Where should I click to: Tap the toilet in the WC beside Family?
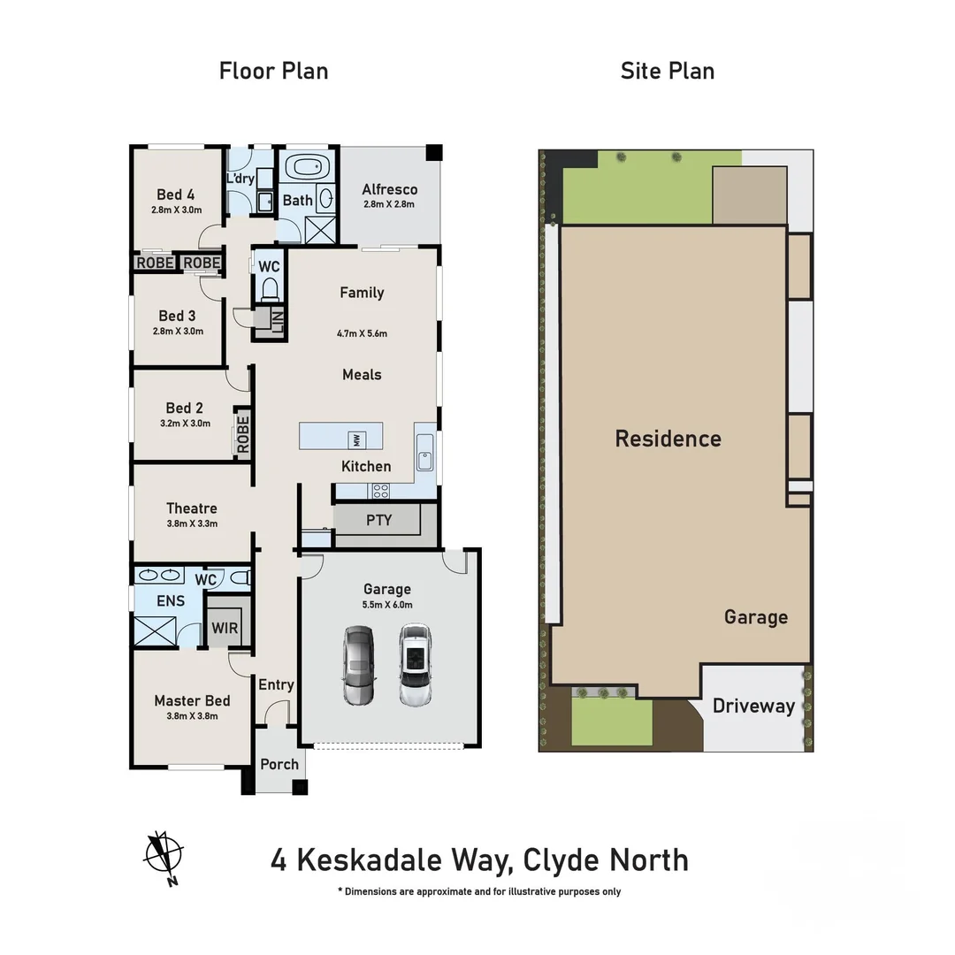click(x=270, y=288)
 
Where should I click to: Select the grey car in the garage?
click(x=359, y=665)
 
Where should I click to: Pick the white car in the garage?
click(x=414, y=665)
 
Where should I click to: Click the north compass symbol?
click(x=164, y=856)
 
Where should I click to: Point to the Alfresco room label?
click(x=389, y=189)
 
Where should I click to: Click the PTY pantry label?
click(x=378, y=520)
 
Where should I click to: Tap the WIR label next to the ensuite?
click(x=225, y=628)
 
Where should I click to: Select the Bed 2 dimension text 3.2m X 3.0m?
click(x=185, y=423)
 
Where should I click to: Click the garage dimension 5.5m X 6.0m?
click(x=387, y=605)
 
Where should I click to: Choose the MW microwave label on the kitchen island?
click(x=356, y=439)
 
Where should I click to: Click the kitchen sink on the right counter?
click(x=424, y=459)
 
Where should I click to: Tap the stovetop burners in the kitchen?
click(x=381, y=490)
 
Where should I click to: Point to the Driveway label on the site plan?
click(x=753, y=706)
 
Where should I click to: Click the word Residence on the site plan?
click(x=668, y=439)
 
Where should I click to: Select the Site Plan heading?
click(x=667, y=71)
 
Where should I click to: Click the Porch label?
click(x=279, y=764)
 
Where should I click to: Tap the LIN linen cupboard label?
click(x=278, y=324)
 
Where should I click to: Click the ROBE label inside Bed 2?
click(x=243, y=433)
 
